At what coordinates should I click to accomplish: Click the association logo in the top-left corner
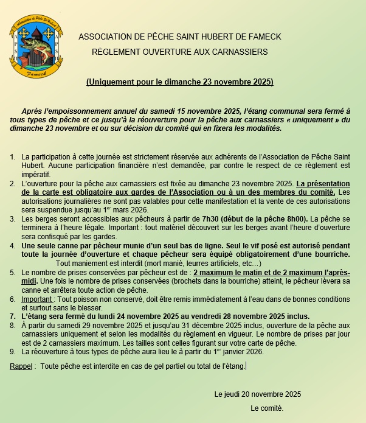(x=36, y=47)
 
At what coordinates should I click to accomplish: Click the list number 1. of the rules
(x=13, y=157)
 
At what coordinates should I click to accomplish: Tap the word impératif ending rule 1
(x=36, y=174)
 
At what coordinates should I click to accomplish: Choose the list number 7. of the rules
(x=13, y=316)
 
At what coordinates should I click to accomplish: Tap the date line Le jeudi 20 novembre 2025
(x=258, y=394)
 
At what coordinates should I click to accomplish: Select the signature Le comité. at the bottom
(x=266, y=408)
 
